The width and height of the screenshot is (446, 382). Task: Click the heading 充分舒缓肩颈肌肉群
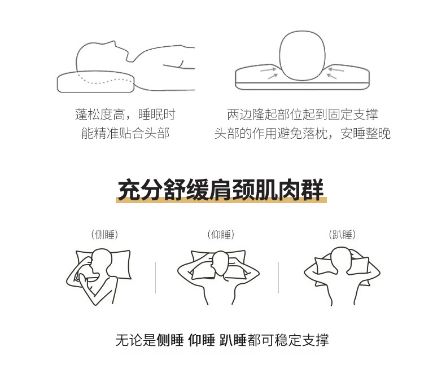(x=221, y=190)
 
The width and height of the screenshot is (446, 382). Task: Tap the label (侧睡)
(x=104, y=235)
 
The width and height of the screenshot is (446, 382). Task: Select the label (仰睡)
(x=221, y=235)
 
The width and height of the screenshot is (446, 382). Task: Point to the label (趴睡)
(x=342, y=235)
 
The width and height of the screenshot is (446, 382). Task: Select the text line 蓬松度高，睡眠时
(x=125, y=114)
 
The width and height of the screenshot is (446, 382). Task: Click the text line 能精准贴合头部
(x=125, y=133)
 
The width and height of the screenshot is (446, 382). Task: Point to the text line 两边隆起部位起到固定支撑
(x=303, y=114)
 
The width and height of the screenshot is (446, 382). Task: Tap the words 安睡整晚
(x=365, y=133)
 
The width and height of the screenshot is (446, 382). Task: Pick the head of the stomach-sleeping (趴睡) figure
(x=342, y=259)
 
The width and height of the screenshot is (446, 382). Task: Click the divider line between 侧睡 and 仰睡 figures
(x=156, y=278)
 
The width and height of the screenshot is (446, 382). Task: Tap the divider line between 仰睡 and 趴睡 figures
(x=278, y=278)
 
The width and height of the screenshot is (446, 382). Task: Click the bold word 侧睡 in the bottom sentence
(x=170, y=340)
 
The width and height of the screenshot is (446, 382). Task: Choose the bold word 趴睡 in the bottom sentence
(x=233, y=340)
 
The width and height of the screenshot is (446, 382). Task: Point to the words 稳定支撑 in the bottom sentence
(x=302, y=340)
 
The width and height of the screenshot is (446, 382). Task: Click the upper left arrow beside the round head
(x=268, y=69)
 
